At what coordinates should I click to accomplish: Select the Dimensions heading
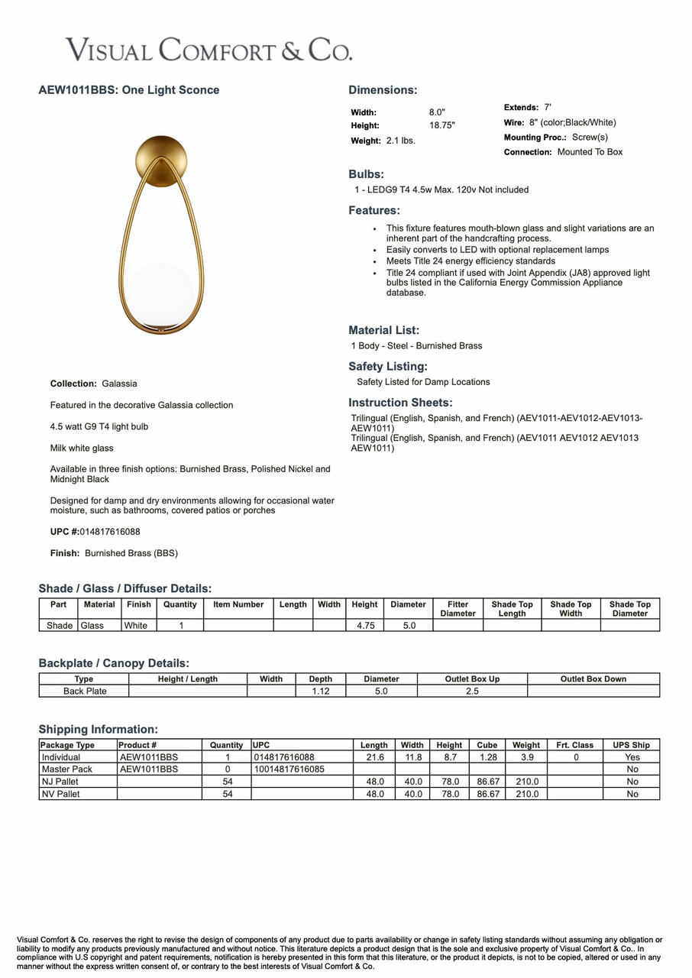[383, 90]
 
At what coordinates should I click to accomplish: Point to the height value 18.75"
[441, 125]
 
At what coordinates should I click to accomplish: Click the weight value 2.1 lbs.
[400, 141]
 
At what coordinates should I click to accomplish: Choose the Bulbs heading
[366, 174]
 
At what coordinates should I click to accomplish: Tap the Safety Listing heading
[388, 367]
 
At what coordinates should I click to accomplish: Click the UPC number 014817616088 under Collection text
[110, 532]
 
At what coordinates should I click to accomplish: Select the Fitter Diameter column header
[458, 608]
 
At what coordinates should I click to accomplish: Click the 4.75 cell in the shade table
[364, 625]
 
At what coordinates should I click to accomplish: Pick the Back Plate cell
[85, 691]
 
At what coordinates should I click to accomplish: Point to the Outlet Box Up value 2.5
[472, 691]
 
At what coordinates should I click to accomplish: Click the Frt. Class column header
[575, 745]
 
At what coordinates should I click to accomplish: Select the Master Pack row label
[67, 769]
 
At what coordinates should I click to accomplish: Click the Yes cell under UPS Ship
[632, 757]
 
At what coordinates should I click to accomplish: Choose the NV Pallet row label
[60, 794]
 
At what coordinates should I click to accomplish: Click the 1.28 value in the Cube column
[487, 757]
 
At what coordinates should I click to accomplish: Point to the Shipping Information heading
[99, 730]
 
